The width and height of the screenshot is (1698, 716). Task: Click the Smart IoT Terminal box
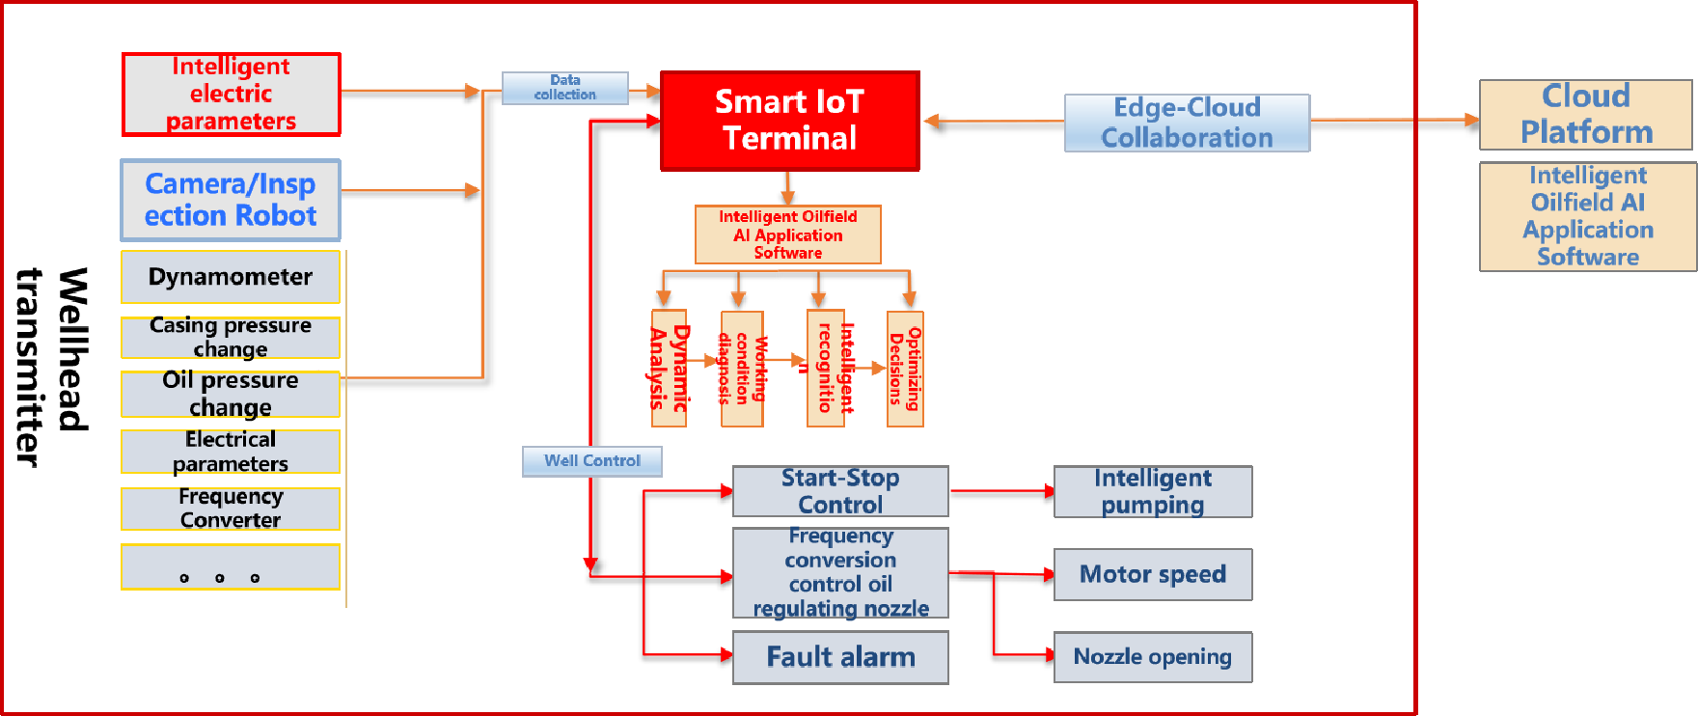tap(789, 121)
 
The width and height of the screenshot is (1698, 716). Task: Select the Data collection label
tap(565, 88)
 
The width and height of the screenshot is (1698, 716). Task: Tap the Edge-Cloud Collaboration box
tap(1187, 123)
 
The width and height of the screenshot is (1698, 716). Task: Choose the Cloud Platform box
tap(1585, 115)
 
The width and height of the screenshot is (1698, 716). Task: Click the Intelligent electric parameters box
tap(231, 95)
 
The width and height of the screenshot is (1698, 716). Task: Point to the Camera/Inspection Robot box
tap(231, 200)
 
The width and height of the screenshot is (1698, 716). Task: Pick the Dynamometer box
tap(231, 277)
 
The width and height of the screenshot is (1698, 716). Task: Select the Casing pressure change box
tap(231, 337)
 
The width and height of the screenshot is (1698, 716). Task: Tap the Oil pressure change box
tap(231, 394)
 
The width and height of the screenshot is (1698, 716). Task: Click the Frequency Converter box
tap(231, 509)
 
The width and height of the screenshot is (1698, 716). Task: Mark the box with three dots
tap(231, 567)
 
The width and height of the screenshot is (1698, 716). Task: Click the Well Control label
tap(591, 461)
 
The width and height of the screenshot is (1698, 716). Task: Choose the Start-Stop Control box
tap(840, 491)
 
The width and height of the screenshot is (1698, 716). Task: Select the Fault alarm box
tap(840, 657)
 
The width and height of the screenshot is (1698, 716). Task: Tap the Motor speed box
tap(1153, 574)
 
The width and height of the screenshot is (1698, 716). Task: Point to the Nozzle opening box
tap(1153, 657)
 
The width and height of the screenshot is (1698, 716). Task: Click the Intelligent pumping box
tap(1153, 491)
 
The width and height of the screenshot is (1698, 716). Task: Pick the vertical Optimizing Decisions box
tap(905, 369)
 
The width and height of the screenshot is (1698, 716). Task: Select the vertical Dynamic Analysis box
tap(669, 369)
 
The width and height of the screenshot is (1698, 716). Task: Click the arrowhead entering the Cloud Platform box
tap(1471, 121)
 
